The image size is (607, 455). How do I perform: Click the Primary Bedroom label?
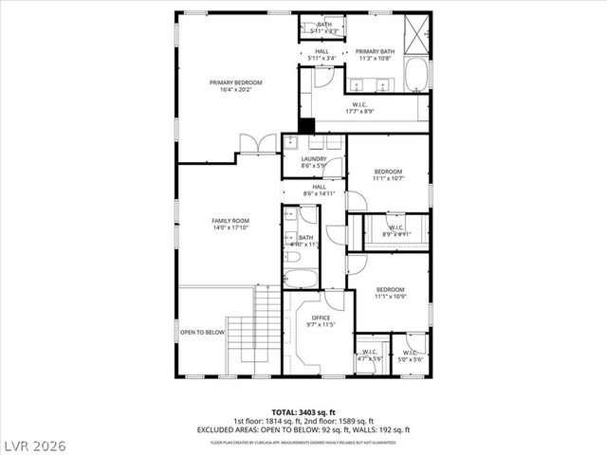click(235, 86)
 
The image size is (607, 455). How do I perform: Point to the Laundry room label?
click(314, 162)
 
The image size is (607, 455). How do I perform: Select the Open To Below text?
click(202, 332)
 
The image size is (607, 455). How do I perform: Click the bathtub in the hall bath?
click(303, 278)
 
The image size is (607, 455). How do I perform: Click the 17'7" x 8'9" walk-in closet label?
click(359, 108)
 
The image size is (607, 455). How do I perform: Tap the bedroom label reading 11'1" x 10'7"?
click(389, 174)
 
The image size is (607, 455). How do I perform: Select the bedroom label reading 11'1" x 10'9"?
click(390, 293)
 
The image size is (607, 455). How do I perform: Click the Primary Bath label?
click(375, 55)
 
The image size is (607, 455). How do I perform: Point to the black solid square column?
click(305, 125)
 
